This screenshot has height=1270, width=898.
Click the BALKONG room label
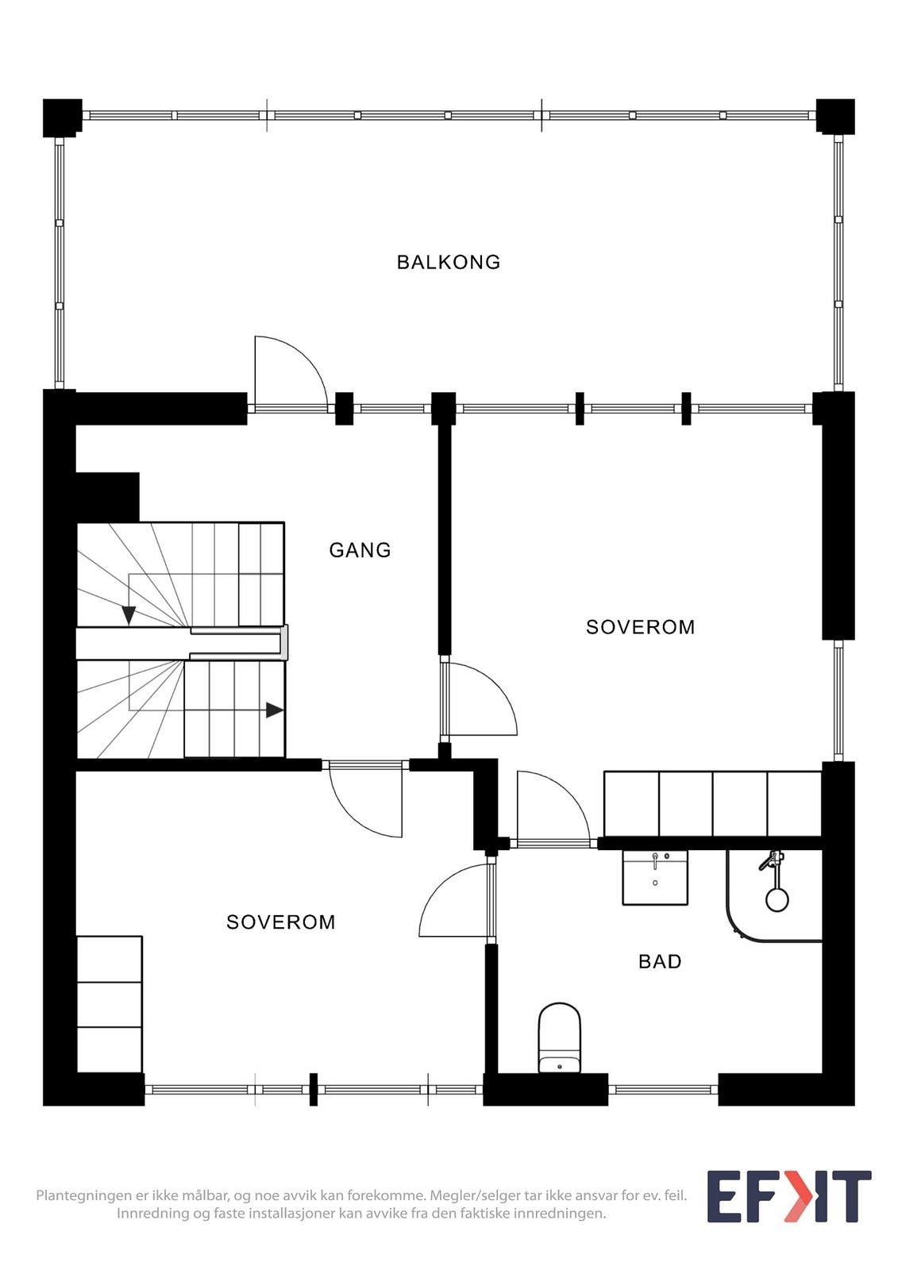point(448,262)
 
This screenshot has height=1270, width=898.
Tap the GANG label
point(360,550)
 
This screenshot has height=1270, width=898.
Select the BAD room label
point(660,961)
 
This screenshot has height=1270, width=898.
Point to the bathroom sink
point(655,877)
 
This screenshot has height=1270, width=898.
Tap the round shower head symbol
point(777,900)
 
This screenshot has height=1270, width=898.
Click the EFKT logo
point(788,1197)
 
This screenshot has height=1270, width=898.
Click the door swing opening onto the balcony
point(291,371)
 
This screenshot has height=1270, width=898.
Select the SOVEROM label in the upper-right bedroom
point(640,627)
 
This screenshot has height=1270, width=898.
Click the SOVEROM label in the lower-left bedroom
point(281,922)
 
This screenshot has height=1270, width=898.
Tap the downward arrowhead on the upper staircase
point(129,615)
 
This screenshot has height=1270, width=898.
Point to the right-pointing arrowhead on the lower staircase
point(275,710)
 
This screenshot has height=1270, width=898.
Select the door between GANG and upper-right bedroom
point(480,699)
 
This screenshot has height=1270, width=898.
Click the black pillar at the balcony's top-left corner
point(62,118)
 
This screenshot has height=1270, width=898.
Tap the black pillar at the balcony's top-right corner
point(835,117)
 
